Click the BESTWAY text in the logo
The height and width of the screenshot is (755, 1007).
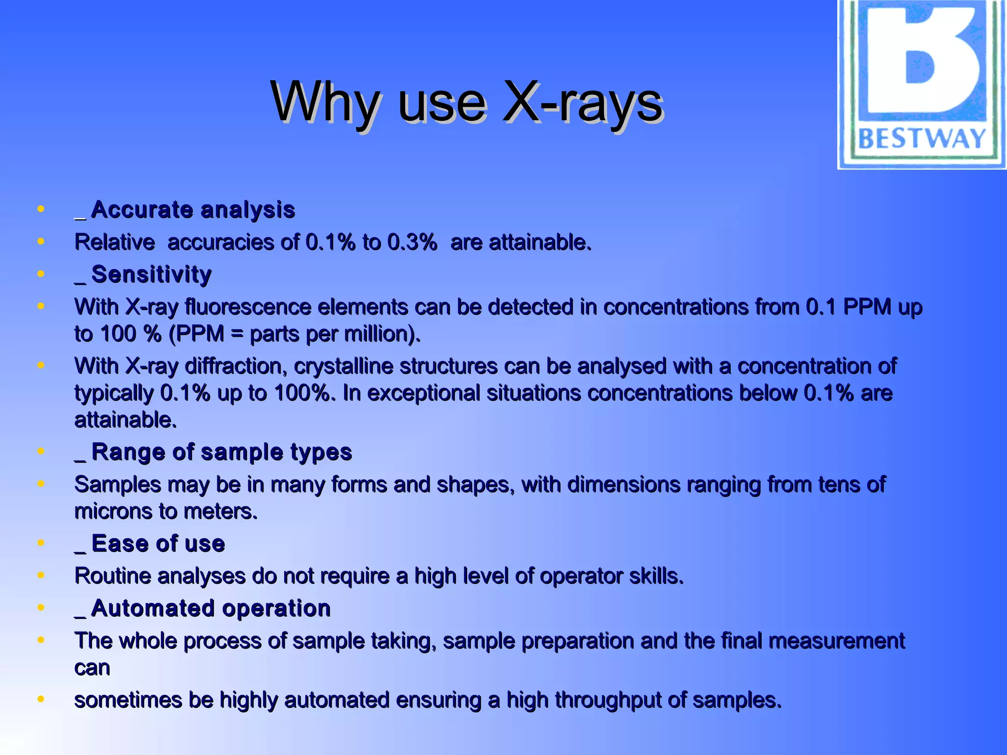tap(921, 139)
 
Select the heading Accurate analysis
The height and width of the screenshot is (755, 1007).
tap(192, 210)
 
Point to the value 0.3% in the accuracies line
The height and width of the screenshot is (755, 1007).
tap(412, 242)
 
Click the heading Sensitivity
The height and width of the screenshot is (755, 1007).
tap(151, 274)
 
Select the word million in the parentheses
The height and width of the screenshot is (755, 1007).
tap(375, 334)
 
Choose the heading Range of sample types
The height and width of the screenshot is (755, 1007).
tap(221, 452)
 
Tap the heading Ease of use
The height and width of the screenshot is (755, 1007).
tap(158, 544)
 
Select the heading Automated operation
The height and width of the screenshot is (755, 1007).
tap(210, 609)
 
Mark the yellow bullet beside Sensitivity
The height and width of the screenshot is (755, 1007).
tap(41, 274)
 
